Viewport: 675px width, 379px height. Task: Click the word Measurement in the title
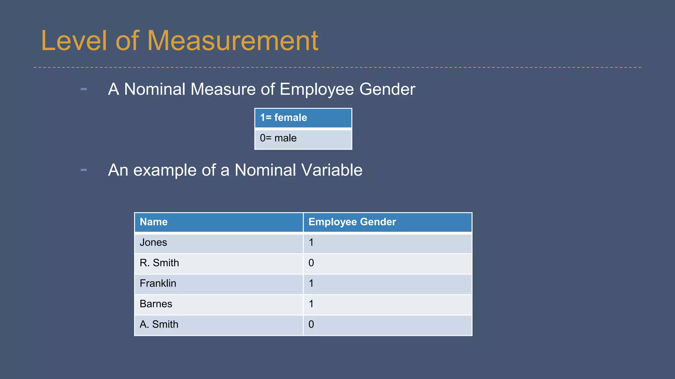(232, 41)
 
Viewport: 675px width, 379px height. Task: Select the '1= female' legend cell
(303, 118)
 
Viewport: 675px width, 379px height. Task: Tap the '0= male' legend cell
(303, 139)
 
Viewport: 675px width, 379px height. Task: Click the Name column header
(219, 222)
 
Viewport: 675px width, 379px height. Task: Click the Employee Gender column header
(387, 222)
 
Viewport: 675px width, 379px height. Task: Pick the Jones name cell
(219, 243)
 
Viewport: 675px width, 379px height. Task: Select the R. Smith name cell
(219, 263)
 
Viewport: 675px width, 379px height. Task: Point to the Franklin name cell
(219, 284)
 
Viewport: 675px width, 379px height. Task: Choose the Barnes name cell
(219, 304)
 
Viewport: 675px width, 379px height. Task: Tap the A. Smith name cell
(219, 325)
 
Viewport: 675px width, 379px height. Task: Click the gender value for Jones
(387, 243)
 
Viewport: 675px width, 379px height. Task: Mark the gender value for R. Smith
(387, 263)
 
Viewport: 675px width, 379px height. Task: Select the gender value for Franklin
(387, 284)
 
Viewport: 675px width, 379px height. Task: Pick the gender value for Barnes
(387, 304)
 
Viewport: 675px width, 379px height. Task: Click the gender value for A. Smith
(387, 325)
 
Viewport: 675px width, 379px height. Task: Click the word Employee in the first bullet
(316, 89)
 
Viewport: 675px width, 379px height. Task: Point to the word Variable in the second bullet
(332, 170)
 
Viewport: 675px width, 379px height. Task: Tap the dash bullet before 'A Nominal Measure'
(84, 89)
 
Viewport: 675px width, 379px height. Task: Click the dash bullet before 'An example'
(84, 170)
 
